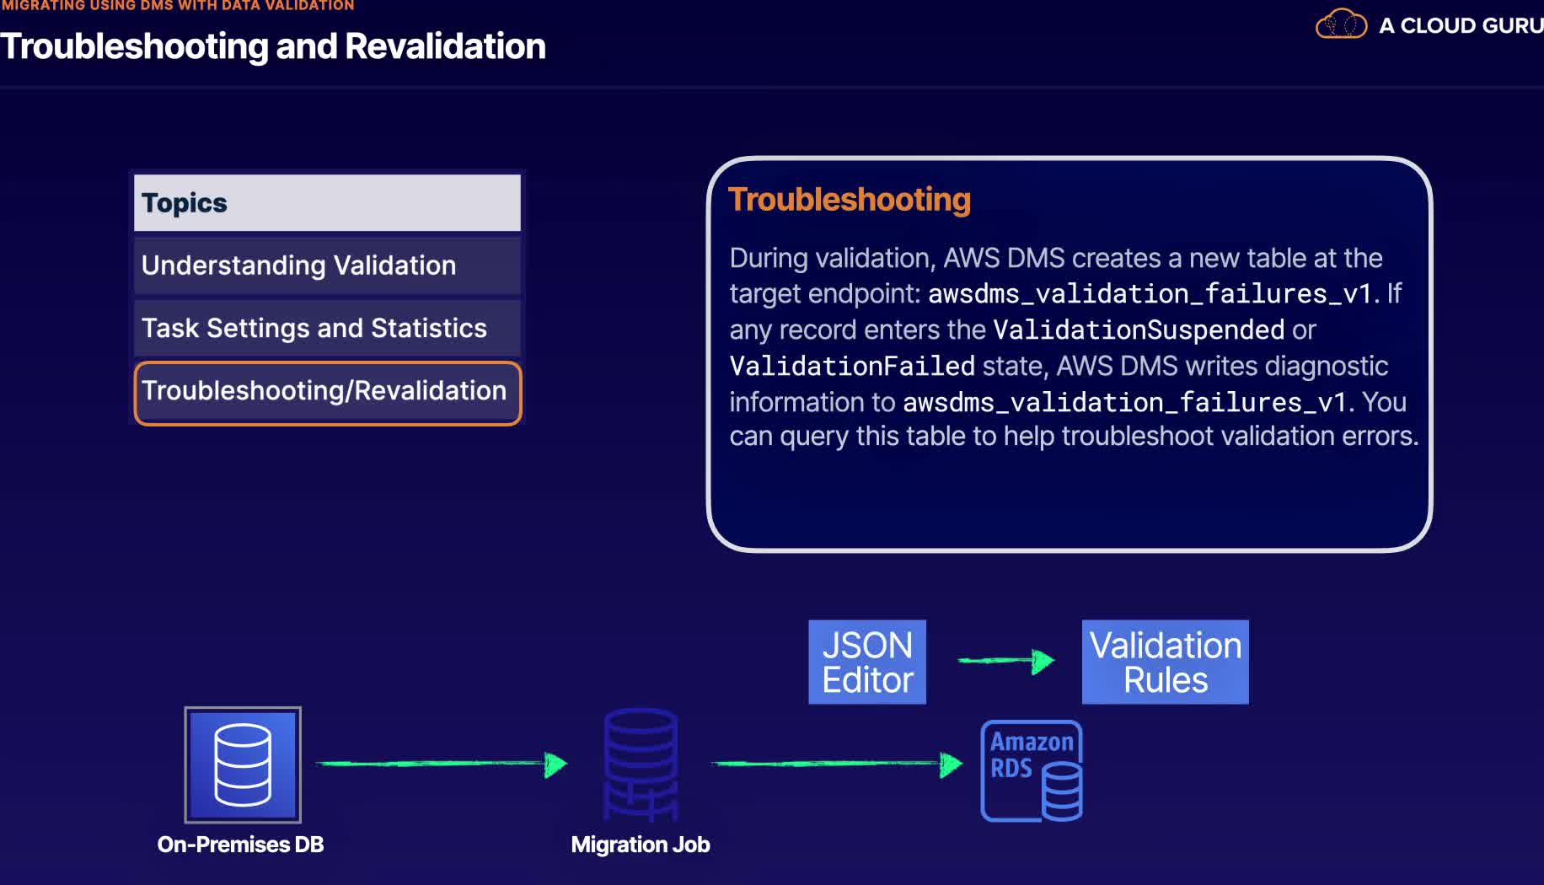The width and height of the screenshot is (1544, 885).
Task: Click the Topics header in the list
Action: click(x=327, y=203)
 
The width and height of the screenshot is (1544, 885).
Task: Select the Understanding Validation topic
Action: click(x=327, y=265)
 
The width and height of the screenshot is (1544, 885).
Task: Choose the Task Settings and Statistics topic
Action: click(x=327, y=328)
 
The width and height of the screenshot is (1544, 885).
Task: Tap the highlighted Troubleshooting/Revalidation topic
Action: click(x=327, y=392)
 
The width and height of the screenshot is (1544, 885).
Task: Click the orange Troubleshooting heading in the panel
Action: click(x=849, y=200)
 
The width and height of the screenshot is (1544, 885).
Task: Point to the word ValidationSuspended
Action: click(x=1139, y=330)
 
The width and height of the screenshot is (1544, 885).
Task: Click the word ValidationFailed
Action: click(x=852, y=366)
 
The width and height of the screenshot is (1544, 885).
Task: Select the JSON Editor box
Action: click(x=867, y=662)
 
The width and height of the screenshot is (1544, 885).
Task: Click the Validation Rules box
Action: click(x=1165, y=662)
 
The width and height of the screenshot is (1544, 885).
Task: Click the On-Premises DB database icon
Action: click(x=243, y=765)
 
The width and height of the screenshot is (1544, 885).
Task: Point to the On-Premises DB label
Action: click(x=240, y=845)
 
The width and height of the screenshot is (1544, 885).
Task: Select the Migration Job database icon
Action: click(x=641, y=764)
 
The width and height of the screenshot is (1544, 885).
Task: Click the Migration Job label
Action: click(x=641, y=845)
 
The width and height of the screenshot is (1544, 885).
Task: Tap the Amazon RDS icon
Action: click(x=1032, y=770)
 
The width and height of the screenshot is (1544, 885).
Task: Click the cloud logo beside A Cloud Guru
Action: click(x=1341, y=24)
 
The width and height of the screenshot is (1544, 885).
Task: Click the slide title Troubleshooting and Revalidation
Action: click(x=273, y=46)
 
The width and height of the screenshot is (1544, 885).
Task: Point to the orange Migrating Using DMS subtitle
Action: click(x=177, y=6)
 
